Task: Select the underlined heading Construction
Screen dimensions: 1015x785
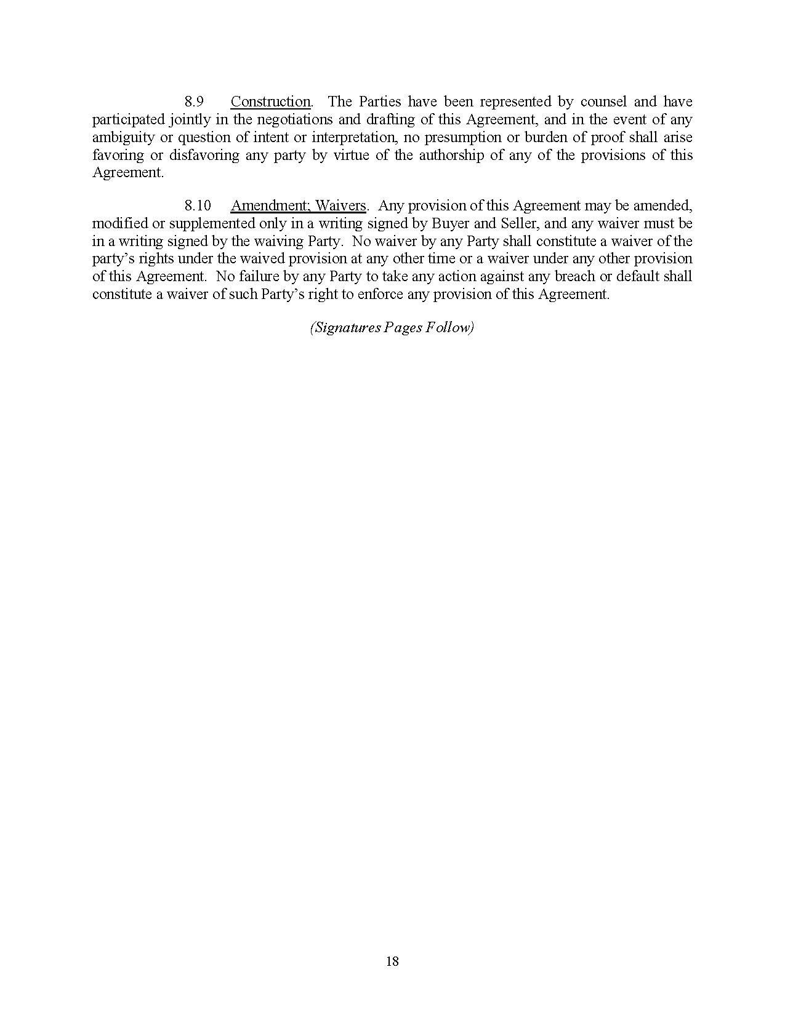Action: (270, 101)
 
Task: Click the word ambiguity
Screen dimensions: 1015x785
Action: (123, 137)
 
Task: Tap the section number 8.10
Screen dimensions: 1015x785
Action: (198, 205)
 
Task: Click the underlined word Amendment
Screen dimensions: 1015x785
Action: (271, 205)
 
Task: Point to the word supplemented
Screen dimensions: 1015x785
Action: (210, 223)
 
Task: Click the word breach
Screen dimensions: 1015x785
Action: (575, 276)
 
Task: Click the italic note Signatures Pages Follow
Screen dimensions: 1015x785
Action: (392, 327)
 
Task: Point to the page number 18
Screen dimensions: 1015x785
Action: (392, 961)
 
